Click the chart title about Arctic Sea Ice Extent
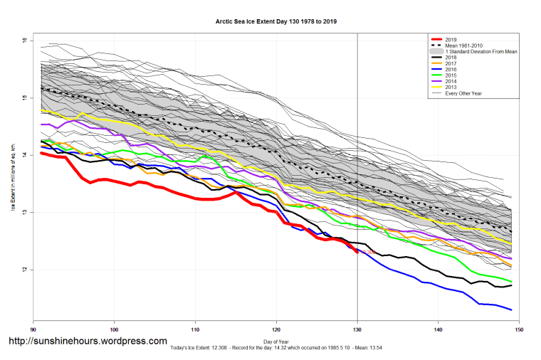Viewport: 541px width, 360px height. coord(276,22)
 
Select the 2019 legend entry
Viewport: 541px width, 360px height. coord(451,38)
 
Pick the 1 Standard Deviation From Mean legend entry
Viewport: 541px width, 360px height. coord(480,52)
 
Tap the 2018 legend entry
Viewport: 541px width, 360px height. coord(451,58)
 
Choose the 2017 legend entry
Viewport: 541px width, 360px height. coord(451,65)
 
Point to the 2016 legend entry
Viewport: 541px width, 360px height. coord(451,72)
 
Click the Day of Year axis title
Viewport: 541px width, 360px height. coord(276,340)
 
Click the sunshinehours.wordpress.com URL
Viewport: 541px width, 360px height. coord(88,342)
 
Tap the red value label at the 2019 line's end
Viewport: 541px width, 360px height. coord(367,253)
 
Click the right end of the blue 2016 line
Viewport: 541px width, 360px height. coord(511,309)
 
